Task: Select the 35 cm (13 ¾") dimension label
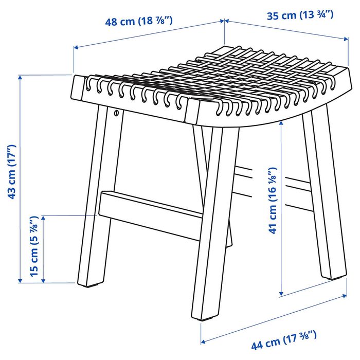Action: [x=300, y=15]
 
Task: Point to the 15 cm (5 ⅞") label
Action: [x=35, y=247]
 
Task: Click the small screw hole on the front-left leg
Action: [x=116, y=113]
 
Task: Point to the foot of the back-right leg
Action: [x=331, y=277]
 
